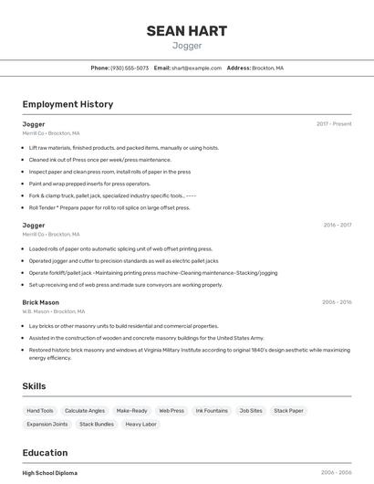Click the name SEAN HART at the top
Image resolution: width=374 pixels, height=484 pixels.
point(186,31)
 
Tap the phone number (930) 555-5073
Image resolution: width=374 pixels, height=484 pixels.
point(130,68)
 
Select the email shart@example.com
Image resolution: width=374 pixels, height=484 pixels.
point(196,68)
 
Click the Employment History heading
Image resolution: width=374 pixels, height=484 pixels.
point(68,104)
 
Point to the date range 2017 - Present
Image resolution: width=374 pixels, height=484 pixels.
point(334,123)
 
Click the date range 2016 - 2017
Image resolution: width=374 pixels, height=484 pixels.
point(337,225)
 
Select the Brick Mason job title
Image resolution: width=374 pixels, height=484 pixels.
point(40,302)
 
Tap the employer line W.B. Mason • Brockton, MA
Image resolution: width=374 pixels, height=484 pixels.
point(54,311)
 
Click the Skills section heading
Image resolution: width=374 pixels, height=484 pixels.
point(34,386)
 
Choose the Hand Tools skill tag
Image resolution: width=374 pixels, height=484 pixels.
point(40,411)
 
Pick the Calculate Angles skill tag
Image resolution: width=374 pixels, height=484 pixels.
point(85,411)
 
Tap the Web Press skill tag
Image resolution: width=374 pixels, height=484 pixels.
point(171,411)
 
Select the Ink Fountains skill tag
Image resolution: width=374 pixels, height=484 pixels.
point(212,411)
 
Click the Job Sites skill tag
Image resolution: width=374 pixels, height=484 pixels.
point(251,411)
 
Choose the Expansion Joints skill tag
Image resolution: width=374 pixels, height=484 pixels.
point(47,425)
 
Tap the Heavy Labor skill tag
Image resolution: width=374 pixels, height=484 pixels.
point(140,425)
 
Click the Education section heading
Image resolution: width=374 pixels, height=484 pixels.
point(45,452)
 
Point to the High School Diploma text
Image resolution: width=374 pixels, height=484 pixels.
point(50,473)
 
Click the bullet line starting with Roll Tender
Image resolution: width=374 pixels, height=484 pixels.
point(109,207)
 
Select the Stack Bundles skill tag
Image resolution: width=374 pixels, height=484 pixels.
point(97,425)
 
